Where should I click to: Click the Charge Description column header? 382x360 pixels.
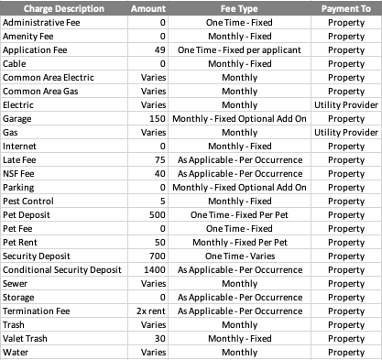60,8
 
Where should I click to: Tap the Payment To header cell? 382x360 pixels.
345,8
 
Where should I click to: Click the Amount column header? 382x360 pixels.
147,8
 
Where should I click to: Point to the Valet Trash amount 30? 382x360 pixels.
159,338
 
